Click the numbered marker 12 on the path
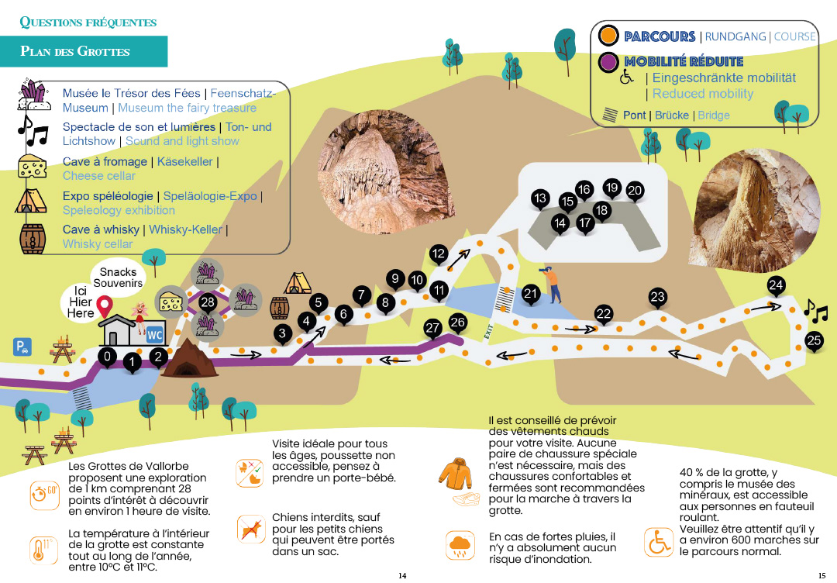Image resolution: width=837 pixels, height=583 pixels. point(439,254)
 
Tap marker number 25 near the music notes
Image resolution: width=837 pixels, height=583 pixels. point(814,340)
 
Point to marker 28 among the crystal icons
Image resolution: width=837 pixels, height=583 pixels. point(207,302)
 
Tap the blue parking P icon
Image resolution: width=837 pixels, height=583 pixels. point(22,347)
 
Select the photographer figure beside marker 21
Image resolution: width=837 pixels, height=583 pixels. point(552,283)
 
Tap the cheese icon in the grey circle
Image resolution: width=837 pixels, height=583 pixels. point(170,300)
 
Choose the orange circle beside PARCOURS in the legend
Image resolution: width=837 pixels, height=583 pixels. point(609,36)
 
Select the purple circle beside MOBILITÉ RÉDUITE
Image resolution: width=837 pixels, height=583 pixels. point(609,62)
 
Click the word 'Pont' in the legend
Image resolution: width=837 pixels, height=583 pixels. point(634,115)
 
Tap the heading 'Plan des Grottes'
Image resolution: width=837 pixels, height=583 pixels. point(75,52)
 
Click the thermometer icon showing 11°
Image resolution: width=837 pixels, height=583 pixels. point(39,548)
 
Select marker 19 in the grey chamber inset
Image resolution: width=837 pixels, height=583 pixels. point(612,187)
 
